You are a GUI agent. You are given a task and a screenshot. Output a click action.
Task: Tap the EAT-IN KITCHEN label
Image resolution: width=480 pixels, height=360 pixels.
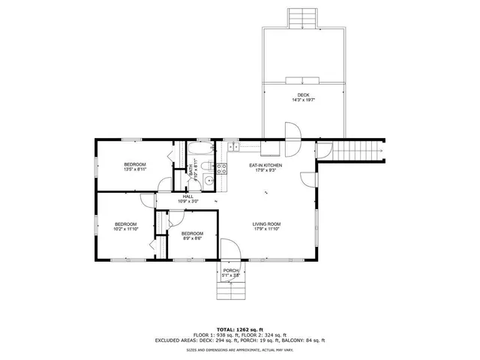pos(265,164)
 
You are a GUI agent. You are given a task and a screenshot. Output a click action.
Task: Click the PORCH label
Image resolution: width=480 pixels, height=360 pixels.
pos(231,270)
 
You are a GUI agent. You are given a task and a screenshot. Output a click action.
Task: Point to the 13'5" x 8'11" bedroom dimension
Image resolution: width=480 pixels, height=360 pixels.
pos(135,169)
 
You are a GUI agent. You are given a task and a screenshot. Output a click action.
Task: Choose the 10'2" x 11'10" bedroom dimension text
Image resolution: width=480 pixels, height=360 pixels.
pos(125,229)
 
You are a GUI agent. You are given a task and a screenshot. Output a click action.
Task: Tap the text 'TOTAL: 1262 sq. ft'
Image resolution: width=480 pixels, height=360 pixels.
pos(240,329)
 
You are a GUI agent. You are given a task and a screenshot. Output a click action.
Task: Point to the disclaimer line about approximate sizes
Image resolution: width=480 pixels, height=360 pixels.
pos(240,349)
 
